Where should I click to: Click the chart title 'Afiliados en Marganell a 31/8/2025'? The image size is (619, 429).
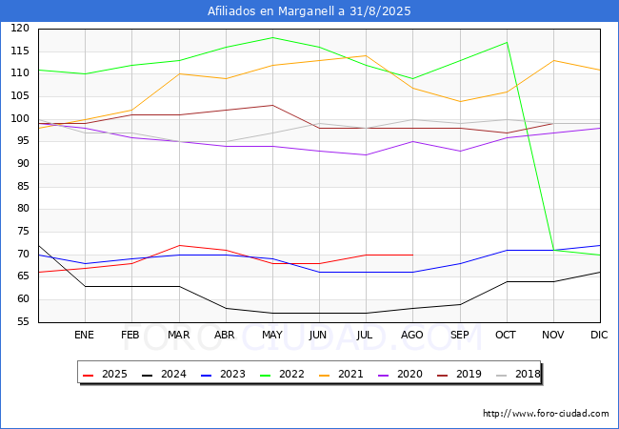[309, 11]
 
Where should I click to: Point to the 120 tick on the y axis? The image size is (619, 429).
[20, 29]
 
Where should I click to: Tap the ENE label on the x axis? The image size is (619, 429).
[85, 336]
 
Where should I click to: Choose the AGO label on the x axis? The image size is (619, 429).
[412, 336]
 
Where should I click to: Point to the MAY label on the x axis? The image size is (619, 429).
[272, 336]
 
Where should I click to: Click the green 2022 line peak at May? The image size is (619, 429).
[272, 37]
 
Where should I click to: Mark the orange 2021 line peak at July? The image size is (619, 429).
[366, 55]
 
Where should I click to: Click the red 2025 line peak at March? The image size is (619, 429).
[179, 245]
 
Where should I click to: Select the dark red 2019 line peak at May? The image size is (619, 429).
[272, 105]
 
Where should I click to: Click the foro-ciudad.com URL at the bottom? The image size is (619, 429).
[546, 414]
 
